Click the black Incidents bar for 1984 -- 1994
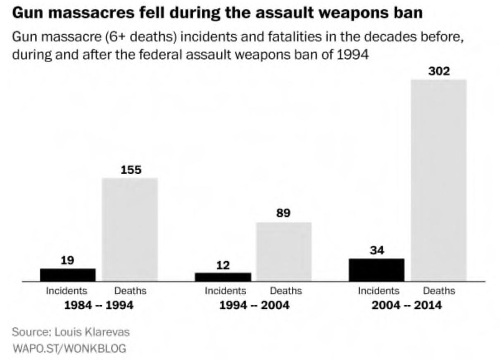coord(68,275)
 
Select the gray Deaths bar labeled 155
coord(130,230)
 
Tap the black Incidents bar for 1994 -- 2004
coord(223,277)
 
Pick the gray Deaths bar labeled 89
coord(284,252)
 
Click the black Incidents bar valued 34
coord(376,270)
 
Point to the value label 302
coord(439,72)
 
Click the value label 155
coord(130,170)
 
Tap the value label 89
coord(283,214)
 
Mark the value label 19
coord(68,261)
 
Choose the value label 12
coord(223,265)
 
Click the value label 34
coord(377,251)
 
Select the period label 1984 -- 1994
coord(99,306)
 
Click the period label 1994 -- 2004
coord(253,306)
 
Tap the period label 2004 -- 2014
coord(407,306)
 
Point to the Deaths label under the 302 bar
coord(439,291)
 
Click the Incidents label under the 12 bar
coord(225,291)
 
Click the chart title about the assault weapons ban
coord(217,13)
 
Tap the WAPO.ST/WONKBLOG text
coord(69,348)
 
